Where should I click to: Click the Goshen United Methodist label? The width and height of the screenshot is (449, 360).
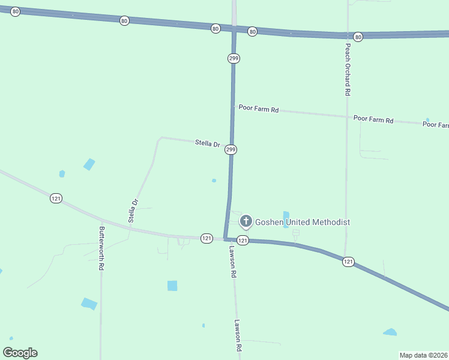click(303, 222)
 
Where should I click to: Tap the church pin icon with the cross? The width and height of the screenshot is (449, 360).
click(246, 221)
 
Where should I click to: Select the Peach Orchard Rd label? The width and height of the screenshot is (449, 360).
click(347, 70)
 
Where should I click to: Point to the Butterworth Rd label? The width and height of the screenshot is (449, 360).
click(102, 247)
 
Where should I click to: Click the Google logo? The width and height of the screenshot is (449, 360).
click(20, 353)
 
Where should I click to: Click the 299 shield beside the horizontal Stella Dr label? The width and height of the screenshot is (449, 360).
click(231, 149)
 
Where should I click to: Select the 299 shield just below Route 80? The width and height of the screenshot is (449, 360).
click(233, 58)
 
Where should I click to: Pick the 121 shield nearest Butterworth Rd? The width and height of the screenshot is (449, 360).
click(56, 199)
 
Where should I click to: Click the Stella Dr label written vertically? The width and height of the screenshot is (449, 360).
click(133, 211)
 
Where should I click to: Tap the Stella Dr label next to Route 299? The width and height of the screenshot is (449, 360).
click(208, 143)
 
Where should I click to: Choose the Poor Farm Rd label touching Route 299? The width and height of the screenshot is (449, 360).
click(259, 109)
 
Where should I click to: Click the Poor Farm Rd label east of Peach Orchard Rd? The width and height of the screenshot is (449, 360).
click(373, 119)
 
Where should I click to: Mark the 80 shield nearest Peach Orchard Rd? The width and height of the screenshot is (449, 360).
click(358, 37)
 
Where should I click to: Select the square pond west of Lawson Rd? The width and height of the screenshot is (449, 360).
click(172, 286)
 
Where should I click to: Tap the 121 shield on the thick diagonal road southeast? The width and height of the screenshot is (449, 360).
click(348, 262)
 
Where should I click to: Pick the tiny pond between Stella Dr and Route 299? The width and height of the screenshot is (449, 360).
click(214, 180)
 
